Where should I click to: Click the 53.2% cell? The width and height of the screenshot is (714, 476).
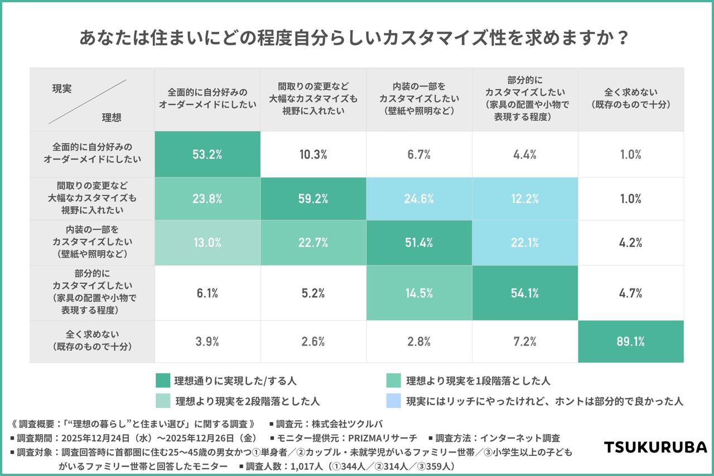[208, 155]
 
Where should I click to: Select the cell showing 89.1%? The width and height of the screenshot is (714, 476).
[630, 342]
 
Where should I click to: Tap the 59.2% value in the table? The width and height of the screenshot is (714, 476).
[313, 199]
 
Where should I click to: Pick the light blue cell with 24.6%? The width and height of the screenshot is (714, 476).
[419, 199]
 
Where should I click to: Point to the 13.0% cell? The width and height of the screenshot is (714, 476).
[208, 243]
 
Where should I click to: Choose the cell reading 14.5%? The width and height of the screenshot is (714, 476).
[419, 293]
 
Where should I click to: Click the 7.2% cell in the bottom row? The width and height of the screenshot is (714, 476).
[525, 342]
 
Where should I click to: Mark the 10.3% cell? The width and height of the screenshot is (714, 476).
[313, 155]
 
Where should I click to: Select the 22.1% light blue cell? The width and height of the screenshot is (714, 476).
[525, 243]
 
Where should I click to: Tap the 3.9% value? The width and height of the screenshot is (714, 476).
[208, 342]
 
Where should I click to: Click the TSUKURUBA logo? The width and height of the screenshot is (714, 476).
[655, 447]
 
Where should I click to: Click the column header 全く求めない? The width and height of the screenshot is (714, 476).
[630, 99]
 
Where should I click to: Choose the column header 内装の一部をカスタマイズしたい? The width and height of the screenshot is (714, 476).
[419, 99]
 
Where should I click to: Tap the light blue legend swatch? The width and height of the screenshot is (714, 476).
[394, 401]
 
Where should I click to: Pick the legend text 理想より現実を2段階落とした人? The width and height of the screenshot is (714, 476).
[248, 401]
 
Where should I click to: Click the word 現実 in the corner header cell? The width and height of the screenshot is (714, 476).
[62, 88]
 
